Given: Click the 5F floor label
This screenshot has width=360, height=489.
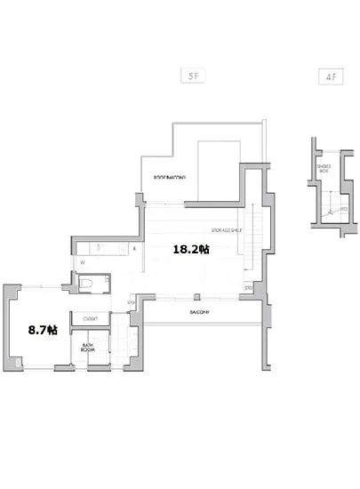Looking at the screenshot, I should click(x=193, y=77).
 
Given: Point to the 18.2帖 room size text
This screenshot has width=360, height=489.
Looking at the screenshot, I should click(x=190, y=251).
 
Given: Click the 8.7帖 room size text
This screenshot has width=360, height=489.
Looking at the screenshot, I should click(x=43, y=330).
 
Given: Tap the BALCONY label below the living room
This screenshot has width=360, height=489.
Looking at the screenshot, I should click(x=200, y=313).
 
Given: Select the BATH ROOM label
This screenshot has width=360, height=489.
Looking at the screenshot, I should click(x=89, y=348).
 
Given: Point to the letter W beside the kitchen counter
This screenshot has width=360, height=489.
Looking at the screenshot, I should click(x=81, y=263).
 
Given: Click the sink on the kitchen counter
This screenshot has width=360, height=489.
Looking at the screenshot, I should click(x=100, y=248).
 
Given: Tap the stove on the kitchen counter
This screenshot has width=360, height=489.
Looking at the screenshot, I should click(x=120, y=248).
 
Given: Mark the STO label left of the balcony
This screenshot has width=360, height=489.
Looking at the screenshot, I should click(x=131, y=303).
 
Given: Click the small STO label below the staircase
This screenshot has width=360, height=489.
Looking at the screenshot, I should click(x=248, y=288).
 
